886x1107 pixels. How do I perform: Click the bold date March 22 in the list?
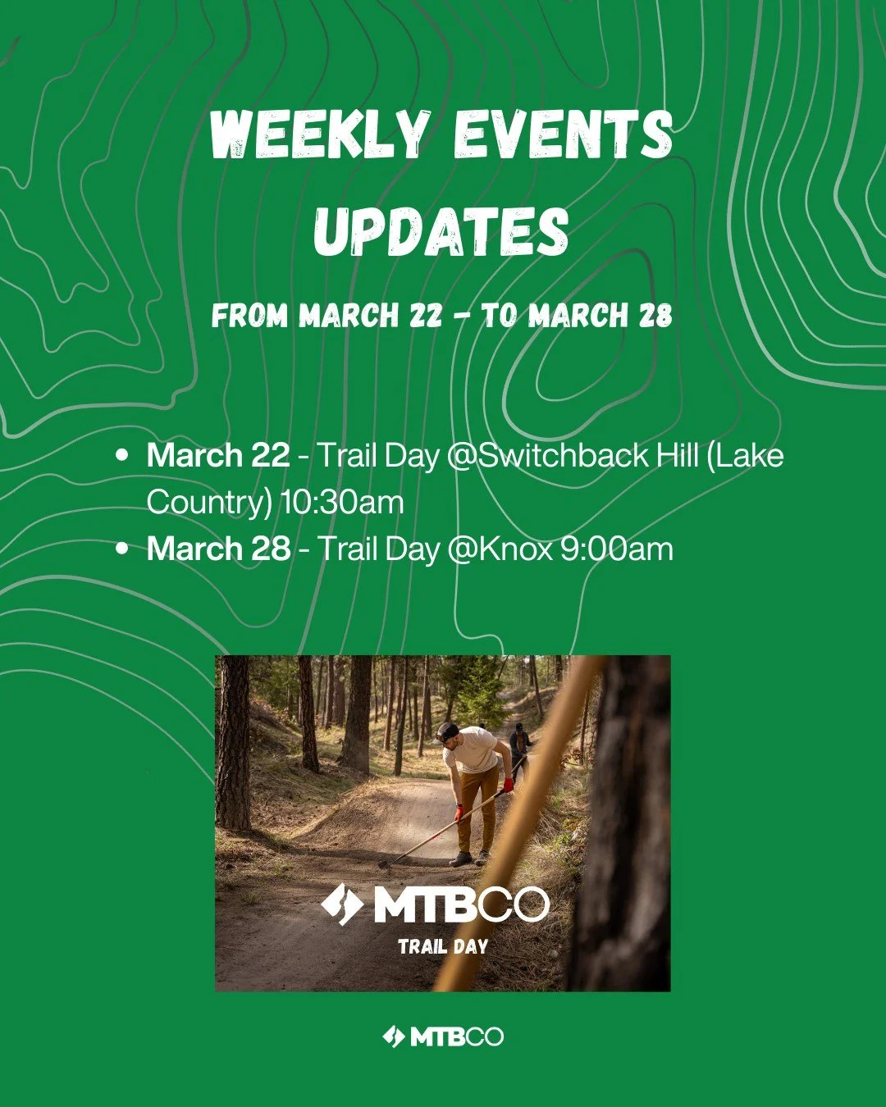pyautogui.click(x=218, y=455)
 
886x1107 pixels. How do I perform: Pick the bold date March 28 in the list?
pyautogui.click(x=218, y=549)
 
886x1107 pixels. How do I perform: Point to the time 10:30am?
pyautogui.click(x=342, y=502)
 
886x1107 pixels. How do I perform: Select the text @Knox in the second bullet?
pyautogui.click(x=500, y=549)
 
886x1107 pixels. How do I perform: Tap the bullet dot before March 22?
pyautogui.click(x=123, y=455)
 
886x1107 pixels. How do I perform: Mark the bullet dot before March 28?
pyautogui.click(x=123, y=549)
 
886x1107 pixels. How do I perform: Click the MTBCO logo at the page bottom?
pyautogui.click(x=443, y=1036)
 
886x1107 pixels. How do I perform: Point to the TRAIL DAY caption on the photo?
pyautogui.click(x=443, y=946)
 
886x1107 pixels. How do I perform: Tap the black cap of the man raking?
pyautogui.click(x=447, y=731)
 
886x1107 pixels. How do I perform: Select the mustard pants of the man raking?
pyautogui.click(x=476, y=812)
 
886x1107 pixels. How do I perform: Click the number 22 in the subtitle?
pyautogui.click(x=426, y=316)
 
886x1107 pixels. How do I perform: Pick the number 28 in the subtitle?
pyautogui.click(x=655, y=316)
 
